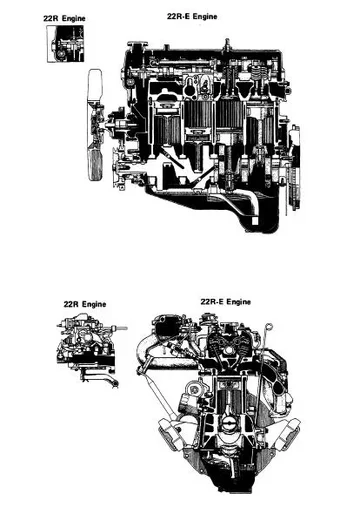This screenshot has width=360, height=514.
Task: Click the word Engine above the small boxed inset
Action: coord(74,18)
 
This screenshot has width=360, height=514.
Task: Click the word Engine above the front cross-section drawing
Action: coord(237,301)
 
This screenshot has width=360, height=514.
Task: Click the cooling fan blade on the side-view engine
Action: coord(96,125)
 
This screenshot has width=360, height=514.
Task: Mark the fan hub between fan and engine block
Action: coord(116,127)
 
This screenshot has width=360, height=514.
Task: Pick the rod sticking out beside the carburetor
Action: coord(122,327)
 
